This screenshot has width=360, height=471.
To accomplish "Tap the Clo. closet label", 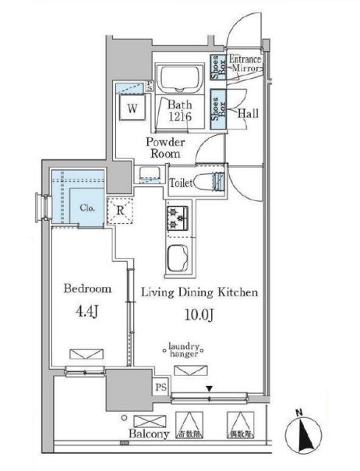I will pos(86,208).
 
